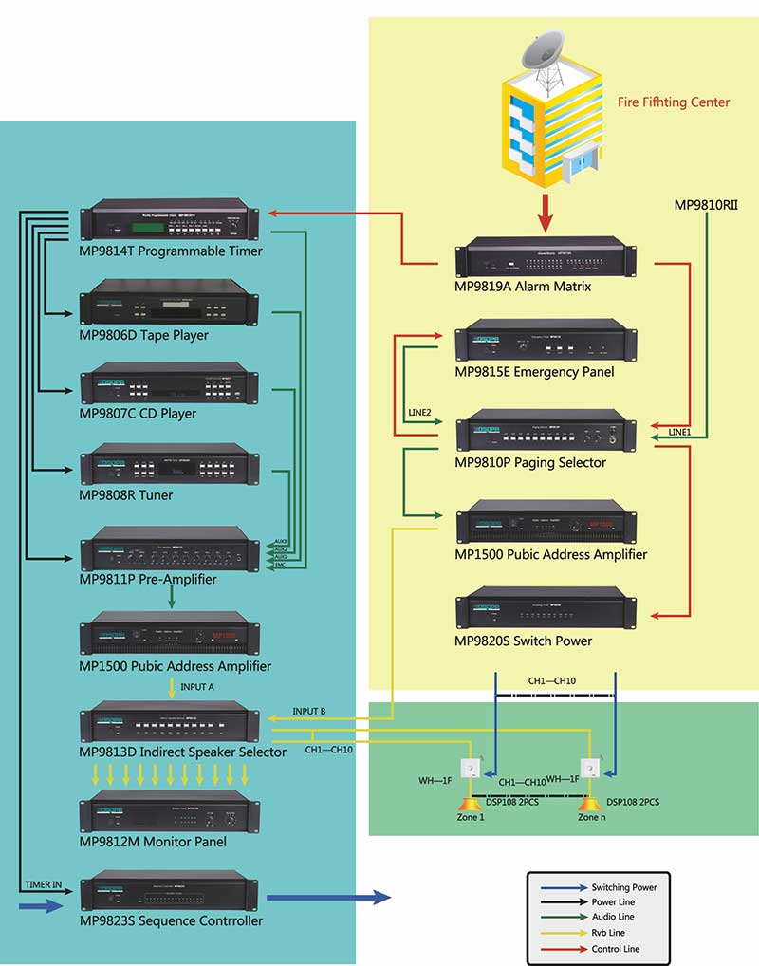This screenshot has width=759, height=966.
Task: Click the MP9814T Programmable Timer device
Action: click(171, 220)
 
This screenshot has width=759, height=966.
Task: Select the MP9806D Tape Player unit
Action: click(171, 303)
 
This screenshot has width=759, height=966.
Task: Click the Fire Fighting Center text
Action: click(674, 102)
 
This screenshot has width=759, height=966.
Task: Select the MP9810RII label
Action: click(706, 204)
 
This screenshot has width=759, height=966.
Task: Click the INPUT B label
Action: click(309, 711)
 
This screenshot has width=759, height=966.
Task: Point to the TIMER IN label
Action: click(44, 884)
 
